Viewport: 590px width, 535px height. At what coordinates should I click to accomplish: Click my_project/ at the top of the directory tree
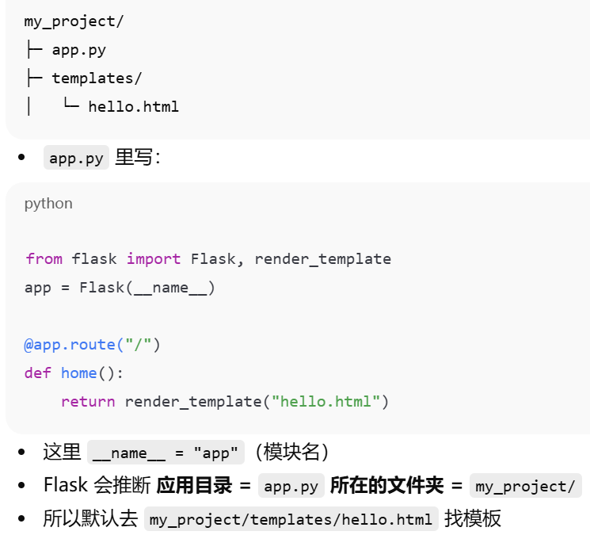coord(74,21)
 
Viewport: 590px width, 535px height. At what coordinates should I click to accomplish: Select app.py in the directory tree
coord(78,50)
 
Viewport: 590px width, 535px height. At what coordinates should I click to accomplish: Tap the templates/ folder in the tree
coord(97,78)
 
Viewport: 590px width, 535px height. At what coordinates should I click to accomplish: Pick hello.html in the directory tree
coord(133,106)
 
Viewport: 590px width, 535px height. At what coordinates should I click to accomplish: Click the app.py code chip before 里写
coord(76,158)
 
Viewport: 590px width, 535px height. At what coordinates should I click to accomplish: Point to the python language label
coord(48,204)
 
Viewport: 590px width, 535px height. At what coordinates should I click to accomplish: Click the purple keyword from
coord(44,259)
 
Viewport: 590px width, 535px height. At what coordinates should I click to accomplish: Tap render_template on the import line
coord(322,259)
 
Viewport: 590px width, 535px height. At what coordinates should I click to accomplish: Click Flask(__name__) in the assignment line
coord(147,287)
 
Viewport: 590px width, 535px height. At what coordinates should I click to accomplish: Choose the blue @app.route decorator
coord(70,345)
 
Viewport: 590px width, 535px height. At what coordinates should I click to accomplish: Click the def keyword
coord(38,373)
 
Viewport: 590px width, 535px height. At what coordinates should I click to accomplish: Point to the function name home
coord(78,373)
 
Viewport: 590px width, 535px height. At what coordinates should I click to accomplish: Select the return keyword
coord(88,402)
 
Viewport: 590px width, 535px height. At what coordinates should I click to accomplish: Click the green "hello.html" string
coord(326,402)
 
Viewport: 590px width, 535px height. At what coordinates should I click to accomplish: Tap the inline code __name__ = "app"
coord(166,453)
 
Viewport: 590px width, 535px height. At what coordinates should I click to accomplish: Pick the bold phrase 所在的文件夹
coord(386,485)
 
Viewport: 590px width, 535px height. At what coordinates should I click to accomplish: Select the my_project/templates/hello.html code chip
coord(291,520)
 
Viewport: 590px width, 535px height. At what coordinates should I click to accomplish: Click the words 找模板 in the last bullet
coord(473,520)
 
